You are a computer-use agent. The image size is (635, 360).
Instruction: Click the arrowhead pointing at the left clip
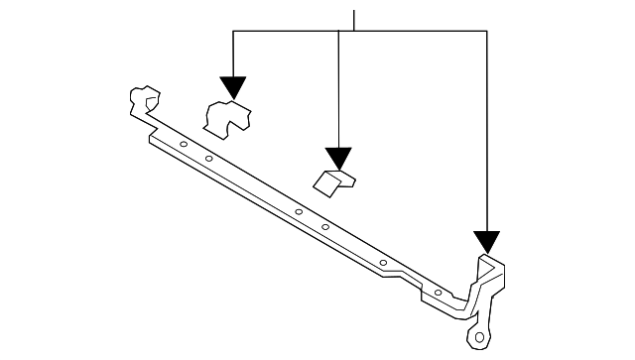coord(233,88)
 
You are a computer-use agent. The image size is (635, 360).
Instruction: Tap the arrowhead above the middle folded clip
coord(339,158)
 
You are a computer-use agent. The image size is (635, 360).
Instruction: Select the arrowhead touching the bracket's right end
coord(486,240)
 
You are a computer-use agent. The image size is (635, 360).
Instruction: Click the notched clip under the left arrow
coord(226,116)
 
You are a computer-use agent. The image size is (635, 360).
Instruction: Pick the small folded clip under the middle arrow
coord(335,180)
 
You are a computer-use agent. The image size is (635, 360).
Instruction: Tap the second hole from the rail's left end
coord(209,160)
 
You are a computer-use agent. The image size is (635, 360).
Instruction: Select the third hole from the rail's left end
coord(298,211)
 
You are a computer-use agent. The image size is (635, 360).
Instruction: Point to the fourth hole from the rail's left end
coord(324,227)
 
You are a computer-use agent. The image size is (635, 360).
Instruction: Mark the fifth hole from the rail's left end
coord(383,262)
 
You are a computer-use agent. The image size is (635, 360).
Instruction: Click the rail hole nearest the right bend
coord(438,294)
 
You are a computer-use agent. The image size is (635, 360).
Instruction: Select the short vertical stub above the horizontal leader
coord(353,20)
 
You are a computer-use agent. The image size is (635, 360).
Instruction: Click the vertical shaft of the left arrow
coord(233,55)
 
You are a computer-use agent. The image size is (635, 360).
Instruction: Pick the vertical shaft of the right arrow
coord(486,129)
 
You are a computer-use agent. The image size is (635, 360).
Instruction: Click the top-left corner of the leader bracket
coord(233,31)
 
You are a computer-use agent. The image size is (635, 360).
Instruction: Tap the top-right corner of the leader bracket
coord(486,31)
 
